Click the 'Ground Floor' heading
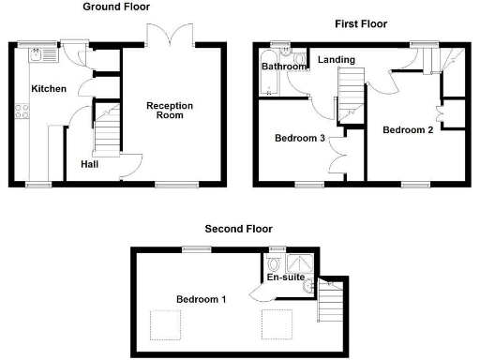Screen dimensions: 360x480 [x=118, y=7]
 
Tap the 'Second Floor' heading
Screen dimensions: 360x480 [x=239, y=228]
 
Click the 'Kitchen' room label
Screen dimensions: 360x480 [x=49, y=88]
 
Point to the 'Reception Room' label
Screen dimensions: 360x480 [x=170, y=112]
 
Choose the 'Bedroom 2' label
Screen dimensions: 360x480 [x=408, y=130]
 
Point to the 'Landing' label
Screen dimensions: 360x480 [x=336, y=61]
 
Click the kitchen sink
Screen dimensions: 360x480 [x=43, y=55]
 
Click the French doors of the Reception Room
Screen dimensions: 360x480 [x=169, y=35]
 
